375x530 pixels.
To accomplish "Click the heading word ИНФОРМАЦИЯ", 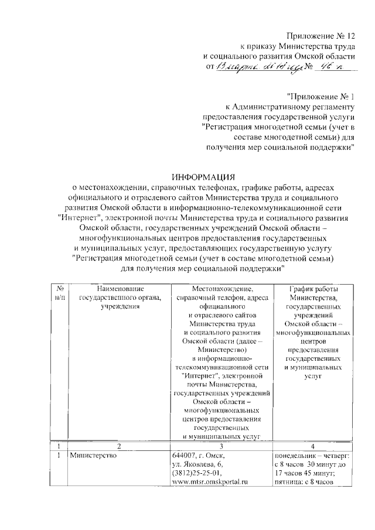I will [x=203, y=176].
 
